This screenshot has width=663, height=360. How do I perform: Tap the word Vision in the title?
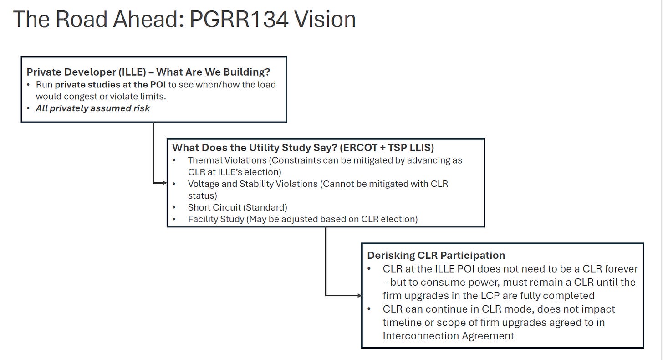[325, 20]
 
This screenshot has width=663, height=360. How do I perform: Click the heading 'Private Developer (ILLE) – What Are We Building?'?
[148, 72]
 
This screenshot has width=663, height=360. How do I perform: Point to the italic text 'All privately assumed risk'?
[93, 108]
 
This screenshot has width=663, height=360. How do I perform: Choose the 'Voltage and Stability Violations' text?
[253, 184]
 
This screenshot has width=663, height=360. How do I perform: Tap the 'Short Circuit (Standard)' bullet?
[237, 207]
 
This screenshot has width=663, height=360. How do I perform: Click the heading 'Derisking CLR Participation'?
[436, 256]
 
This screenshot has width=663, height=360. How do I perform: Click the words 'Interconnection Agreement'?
[448, 336]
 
